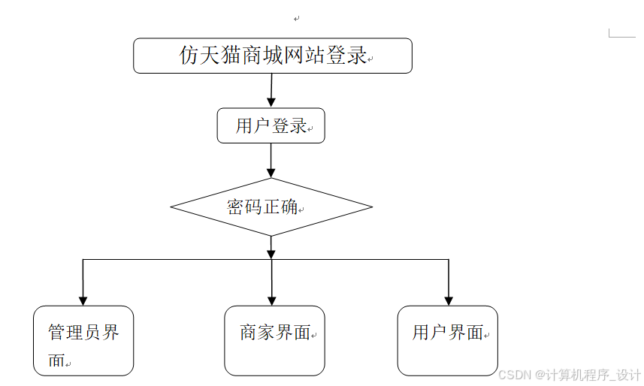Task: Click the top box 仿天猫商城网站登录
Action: coord(273,56)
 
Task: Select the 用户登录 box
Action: coord(271,125)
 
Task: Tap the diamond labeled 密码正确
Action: coord(271,207)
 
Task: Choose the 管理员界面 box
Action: coord(83,340)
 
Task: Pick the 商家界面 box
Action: coord(275,340)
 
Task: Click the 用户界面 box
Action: coord(448,340)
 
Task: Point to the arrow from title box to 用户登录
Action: coord(271,90)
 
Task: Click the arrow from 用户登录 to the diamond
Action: coord(271,160)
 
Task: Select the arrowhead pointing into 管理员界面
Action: coord(83,300)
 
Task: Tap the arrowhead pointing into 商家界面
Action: coord(271,300)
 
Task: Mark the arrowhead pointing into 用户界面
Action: coord(449,300)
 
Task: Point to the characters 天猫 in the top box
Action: coord(222,56)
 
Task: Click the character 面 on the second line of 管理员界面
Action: coord(56,360)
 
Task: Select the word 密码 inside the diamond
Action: coord(244,207)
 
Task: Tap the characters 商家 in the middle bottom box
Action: coord(258,333)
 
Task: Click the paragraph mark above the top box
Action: coord(297,19)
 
